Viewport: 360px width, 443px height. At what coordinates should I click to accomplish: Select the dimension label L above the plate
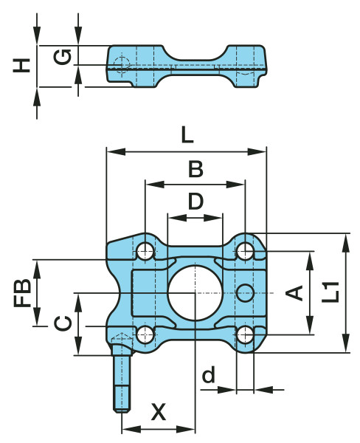(187, 135)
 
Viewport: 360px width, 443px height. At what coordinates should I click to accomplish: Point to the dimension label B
(195, 170)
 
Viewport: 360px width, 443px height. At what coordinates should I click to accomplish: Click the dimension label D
(195, 201)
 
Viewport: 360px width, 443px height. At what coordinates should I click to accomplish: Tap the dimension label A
(294, 292)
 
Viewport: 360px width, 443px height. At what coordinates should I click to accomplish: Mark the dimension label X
(158, 412)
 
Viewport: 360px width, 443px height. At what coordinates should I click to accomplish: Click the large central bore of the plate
(194, 292)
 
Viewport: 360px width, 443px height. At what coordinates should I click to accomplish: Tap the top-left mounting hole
(146, 251)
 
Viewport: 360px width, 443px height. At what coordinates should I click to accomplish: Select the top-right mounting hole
(245, 252)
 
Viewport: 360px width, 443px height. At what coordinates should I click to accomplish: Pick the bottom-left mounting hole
(146, 334)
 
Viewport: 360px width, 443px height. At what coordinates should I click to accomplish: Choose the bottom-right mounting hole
(245, 334)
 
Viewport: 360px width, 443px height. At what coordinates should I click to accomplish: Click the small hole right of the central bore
(245, 292)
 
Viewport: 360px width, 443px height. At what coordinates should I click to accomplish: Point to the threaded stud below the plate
(122, 384)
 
